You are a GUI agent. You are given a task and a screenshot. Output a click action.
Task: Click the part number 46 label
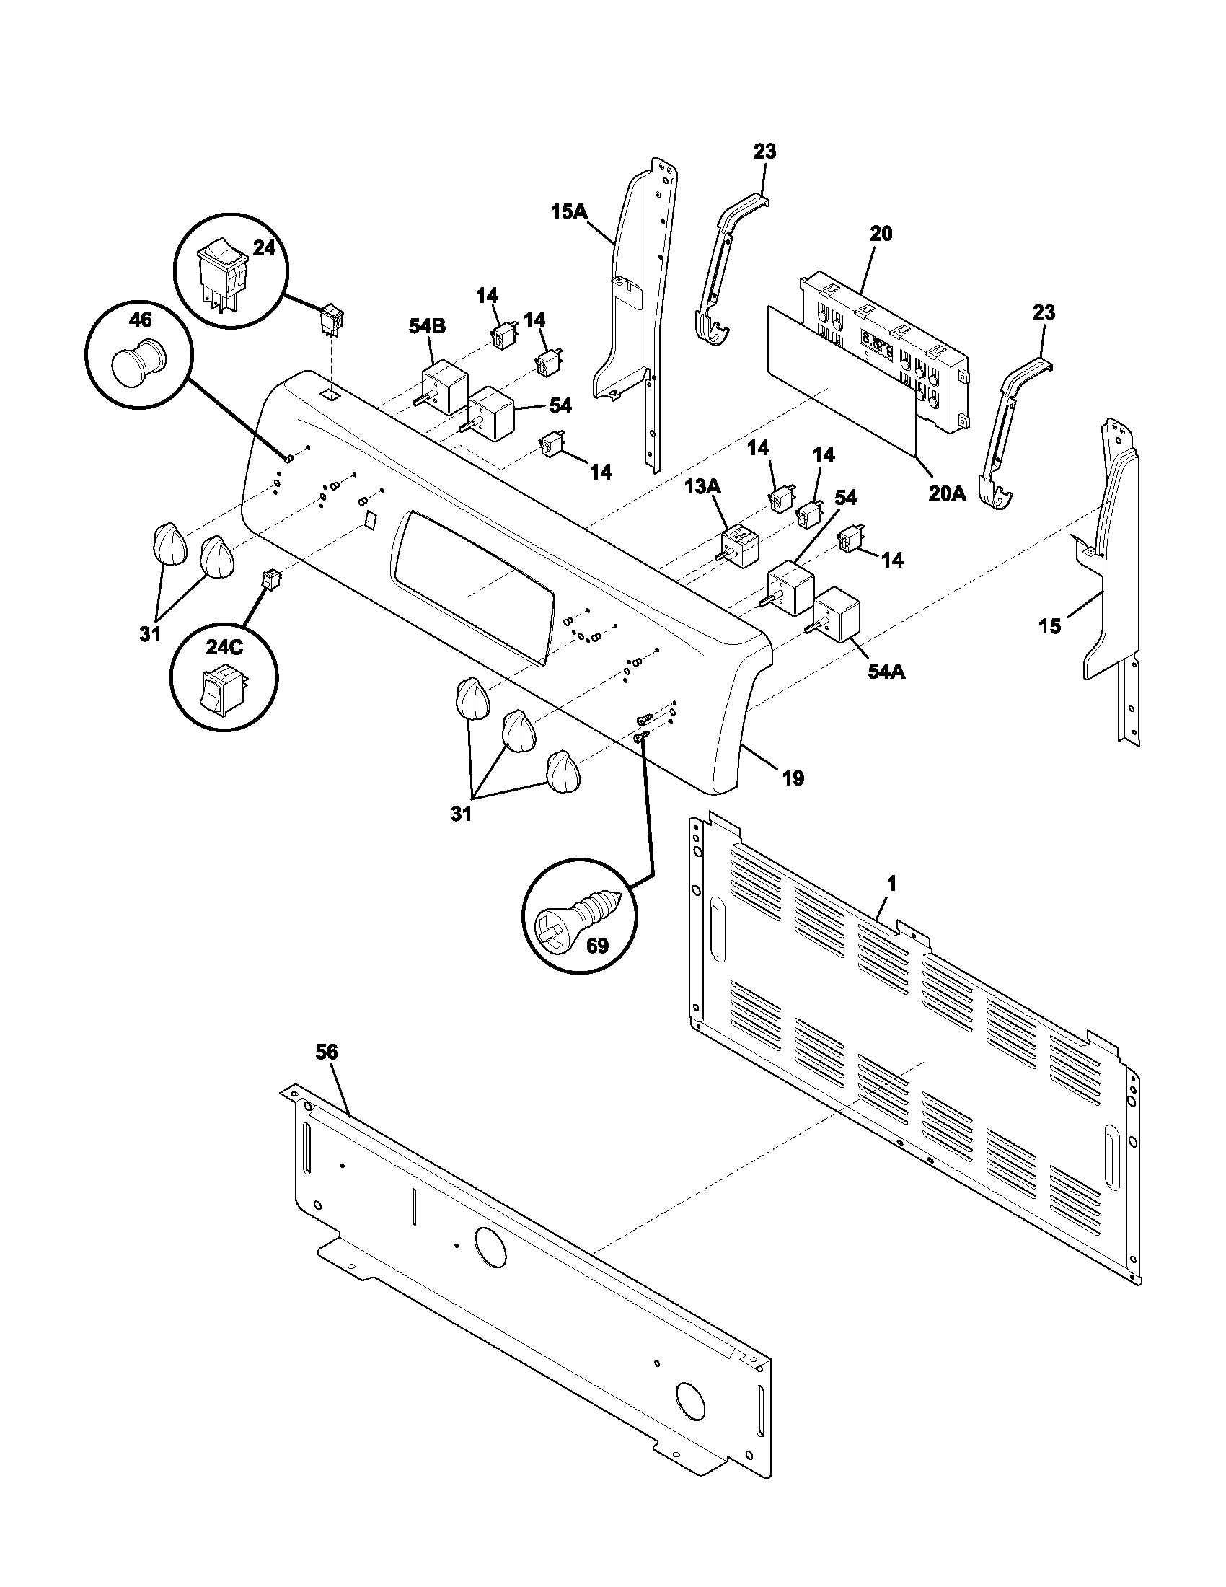pyautogui.click(x=139, y=319)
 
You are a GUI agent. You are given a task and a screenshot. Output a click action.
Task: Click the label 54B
pyautogui.click(x=426, y=327)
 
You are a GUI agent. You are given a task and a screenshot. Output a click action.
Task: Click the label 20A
pyautogui.click(x=947, y=493)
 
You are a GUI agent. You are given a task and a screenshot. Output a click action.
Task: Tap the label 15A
pyautogui.click(x=569, y=211)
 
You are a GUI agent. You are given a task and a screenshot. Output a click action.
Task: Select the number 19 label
pyautogui.click(x=793, y=779)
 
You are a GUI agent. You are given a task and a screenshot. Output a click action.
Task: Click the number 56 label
pyautogui.click(x=327, y=1052)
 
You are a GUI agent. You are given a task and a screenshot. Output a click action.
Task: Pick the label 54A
pyautogui.click(x=886, y=672)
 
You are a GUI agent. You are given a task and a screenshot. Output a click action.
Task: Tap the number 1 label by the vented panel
pyautogui.click(x=892, y=884)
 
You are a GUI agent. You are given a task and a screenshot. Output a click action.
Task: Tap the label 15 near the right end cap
pyautogui.click(x=1049, y=626)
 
